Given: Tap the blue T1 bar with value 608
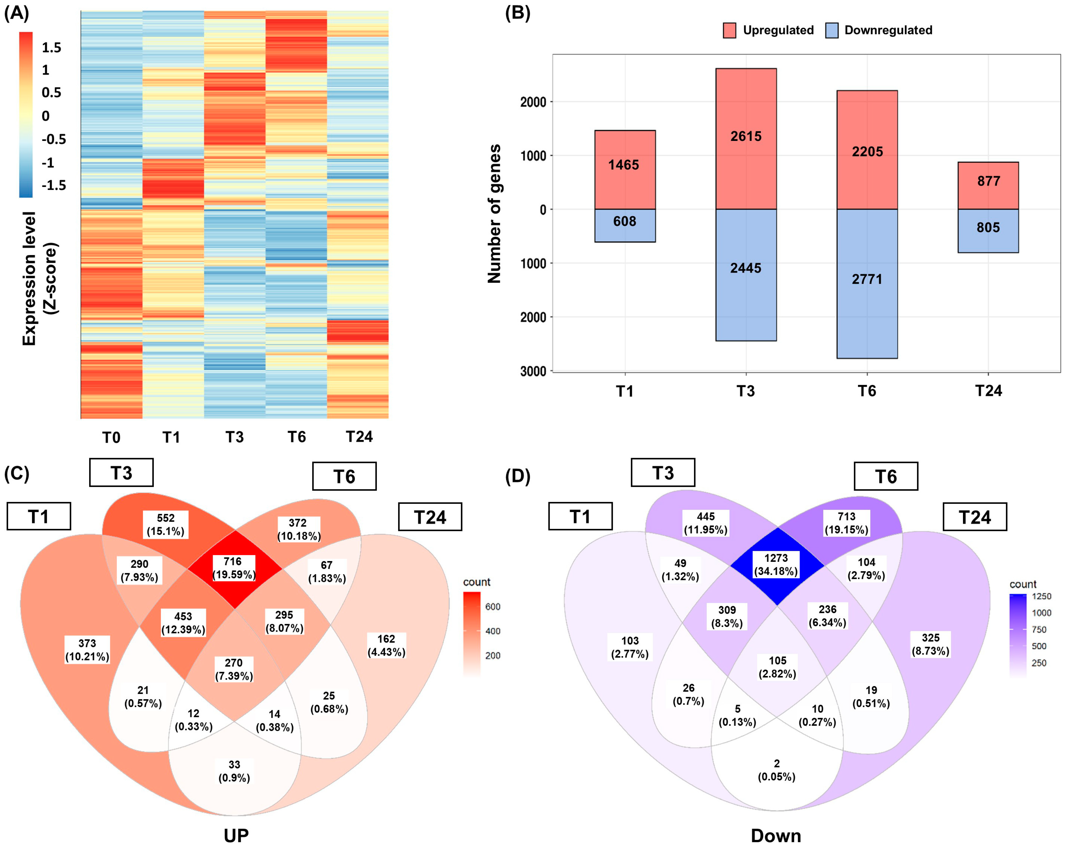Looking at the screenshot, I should tap(625, 225).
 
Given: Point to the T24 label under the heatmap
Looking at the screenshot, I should tap(359, 437).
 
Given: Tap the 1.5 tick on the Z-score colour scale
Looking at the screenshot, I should tap(51, 47).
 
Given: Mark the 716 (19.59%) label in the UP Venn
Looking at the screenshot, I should tap(234, 568).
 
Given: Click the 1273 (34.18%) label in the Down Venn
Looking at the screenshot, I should tap(776, 565).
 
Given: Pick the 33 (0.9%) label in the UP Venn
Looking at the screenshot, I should tap(234, 771).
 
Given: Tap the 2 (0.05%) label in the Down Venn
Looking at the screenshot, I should tap(777, 770).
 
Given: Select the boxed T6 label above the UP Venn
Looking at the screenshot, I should tap(344, 477).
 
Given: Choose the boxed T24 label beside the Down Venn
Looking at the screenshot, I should tap(975, 517).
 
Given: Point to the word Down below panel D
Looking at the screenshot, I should tap(776, 836).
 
